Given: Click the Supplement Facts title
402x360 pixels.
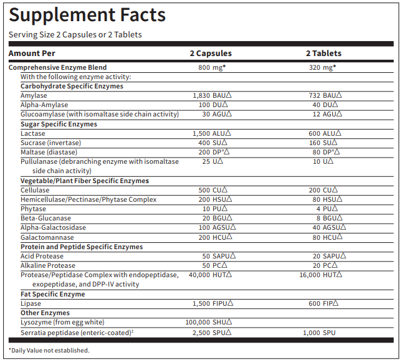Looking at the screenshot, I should [87, 15].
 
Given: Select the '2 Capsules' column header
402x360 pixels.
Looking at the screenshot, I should [211, 54].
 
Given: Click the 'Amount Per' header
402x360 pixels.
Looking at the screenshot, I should [32, 54].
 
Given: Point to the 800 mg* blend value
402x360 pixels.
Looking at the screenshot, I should [211, 67].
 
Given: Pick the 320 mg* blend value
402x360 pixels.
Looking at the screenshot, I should [323, 67].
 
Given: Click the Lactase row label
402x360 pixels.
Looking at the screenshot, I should [32, 133].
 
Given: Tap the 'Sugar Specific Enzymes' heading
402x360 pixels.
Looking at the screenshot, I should [59, 124].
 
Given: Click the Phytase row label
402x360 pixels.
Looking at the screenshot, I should [33, 209].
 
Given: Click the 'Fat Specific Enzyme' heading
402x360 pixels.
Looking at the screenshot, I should [53, 294].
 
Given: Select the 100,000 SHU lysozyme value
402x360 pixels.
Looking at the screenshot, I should [209, 322].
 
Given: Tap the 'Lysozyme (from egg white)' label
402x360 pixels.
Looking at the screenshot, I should [62, 322].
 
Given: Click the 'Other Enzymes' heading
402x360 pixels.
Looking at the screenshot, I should [45, 313].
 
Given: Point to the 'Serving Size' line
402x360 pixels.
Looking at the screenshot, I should [75, 35].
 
